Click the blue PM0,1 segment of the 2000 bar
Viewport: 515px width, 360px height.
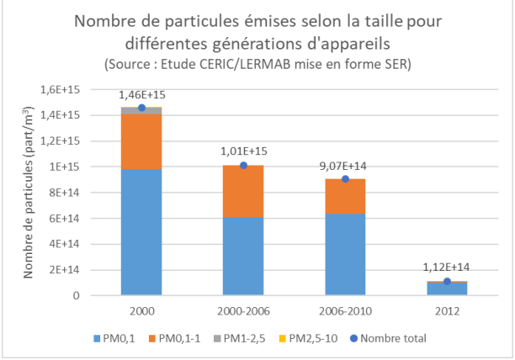point(141,231)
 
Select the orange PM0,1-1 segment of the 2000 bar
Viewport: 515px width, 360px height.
point(141,141)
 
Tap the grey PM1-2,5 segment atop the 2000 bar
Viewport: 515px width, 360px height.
point(141,110)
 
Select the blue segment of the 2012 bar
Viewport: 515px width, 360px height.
point(448,289)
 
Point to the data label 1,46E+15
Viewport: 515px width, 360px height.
point(141,95)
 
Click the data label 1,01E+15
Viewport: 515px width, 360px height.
point(244,151)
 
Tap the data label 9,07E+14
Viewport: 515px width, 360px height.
point(345,165)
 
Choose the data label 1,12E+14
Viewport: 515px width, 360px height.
point(448,267)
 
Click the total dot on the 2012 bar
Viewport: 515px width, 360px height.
point(448,281)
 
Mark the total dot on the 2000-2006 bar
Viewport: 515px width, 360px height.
point(244,165)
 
